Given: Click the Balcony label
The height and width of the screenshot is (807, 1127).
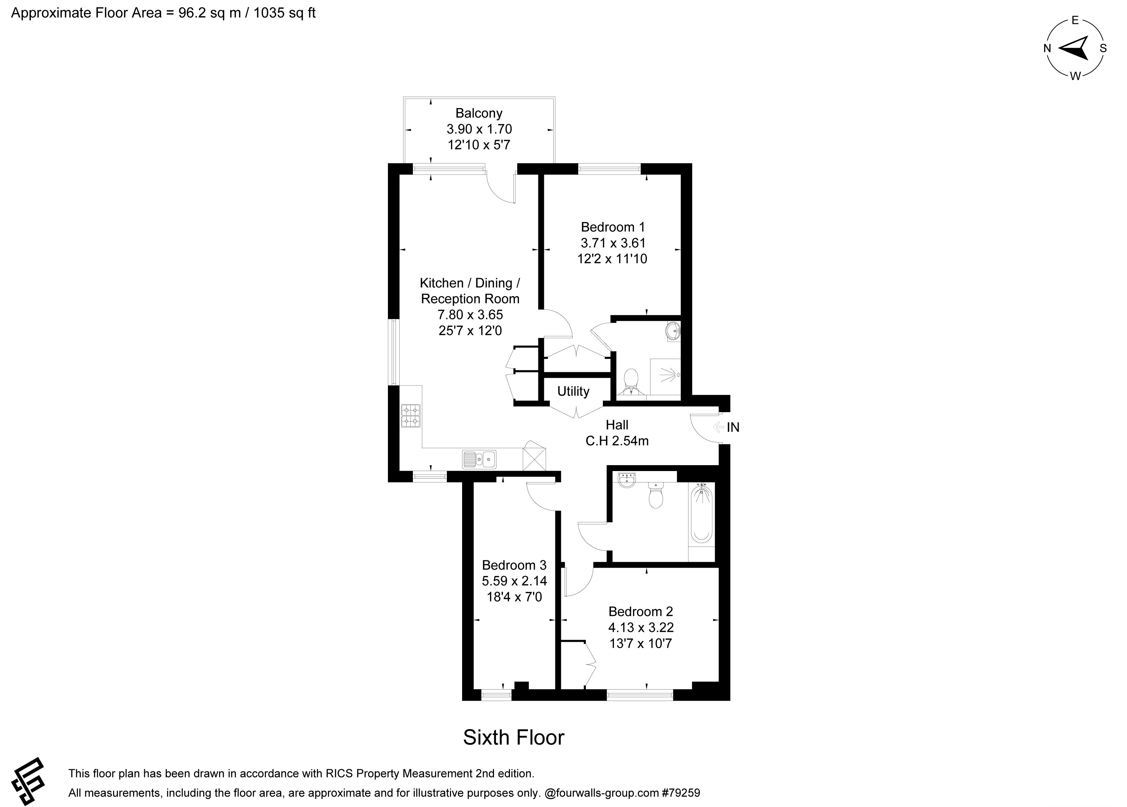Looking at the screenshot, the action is (x=479, y=113).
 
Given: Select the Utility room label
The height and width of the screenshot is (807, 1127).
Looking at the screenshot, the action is (x=573, y=391).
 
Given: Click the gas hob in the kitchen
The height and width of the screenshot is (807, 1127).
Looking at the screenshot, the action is (x=410, y=416).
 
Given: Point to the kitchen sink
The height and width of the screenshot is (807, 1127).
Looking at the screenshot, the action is (x=479, y=459).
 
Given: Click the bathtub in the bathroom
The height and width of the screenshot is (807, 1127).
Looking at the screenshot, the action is (x=702, y=514).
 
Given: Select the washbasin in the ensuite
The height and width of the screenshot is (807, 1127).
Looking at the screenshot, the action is (x=674, y=331).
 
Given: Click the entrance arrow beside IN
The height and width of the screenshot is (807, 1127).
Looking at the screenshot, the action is (x=718, y=427).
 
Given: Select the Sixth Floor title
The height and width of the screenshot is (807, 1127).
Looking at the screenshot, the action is (x=514, y=737).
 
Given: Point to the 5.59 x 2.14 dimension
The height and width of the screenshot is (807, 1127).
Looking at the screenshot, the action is (x=514, y=581).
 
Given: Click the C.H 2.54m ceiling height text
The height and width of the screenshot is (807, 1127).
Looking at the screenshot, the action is (x=617, y=441).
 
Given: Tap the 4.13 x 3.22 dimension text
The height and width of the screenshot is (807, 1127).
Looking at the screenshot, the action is (x=641, y=628).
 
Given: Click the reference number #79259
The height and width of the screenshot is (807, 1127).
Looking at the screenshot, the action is (x=681, y=793).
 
